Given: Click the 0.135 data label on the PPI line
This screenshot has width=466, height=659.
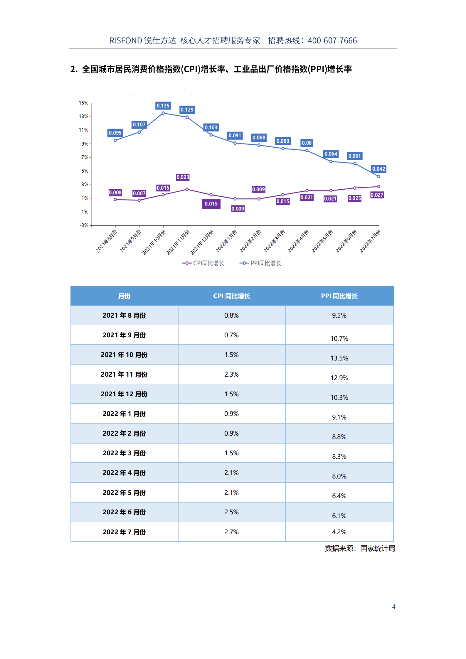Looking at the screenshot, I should [163, 106].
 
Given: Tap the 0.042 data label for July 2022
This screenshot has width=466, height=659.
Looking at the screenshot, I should [378, 169].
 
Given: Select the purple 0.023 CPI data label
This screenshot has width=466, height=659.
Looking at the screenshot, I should [183, 177].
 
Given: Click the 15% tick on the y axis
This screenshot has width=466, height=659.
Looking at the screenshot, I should [83, 103].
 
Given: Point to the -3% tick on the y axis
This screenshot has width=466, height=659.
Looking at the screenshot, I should [84, 225].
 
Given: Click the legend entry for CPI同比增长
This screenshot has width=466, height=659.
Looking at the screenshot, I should [203, 263].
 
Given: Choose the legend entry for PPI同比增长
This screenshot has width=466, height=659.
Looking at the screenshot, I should [261, 263].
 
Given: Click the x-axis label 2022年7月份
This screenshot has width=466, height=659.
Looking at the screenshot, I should [370, 242].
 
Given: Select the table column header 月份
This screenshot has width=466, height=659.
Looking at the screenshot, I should [124, 296].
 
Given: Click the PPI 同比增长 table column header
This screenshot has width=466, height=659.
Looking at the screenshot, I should [339, 296].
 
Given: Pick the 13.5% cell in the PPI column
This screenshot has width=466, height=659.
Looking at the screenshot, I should [339, 358].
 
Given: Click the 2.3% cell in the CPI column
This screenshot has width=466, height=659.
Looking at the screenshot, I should [231, 375].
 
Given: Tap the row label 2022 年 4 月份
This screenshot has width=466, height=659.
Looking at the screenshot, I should [124, 473].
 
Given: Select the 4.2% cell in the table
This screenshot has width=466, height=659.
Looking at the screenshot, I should [339, 532].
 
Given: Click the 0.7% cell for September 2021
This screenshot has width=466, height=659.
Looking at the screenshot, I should [231, 335].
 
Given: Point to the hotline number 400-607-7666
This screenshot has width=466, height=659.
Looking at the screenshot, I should [332, 41].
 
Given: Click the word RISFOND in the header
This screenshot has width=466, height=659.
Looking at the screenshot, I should [126, 41].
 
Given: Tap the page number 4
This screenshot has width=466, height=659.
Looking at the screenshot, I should [393, 607].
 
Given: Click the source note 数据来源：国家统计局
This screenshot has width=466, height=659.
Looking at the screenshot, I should [360, 549].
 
